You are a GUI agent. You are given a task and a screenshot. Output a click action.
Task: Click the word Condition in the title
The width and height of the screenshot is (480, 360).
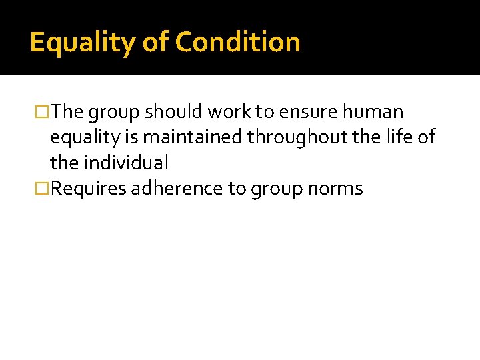click(237, 42)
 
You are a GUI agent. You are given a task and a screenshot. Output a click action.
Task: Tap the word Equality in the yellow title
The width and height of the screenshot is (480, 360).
click(83, 43)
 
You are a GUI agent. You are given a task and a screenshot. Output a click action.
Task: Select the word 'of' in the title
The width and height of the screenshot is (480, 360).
click(155, 42)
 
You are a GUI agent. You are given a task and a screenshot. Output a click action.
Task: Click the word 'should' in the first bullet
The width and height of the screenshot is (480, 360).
click(166, 111)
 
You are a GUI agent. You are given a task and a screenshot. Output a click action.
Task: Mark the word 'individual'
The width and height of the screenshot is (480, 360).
click(126, 163)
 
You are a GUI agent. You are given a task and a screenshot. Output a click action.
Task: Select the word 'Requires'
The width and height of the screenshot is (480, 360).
click(89, 189)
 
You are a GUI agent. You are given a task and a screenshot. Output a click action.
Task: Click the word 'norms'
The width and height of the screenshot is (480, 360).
click(335, 189)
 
